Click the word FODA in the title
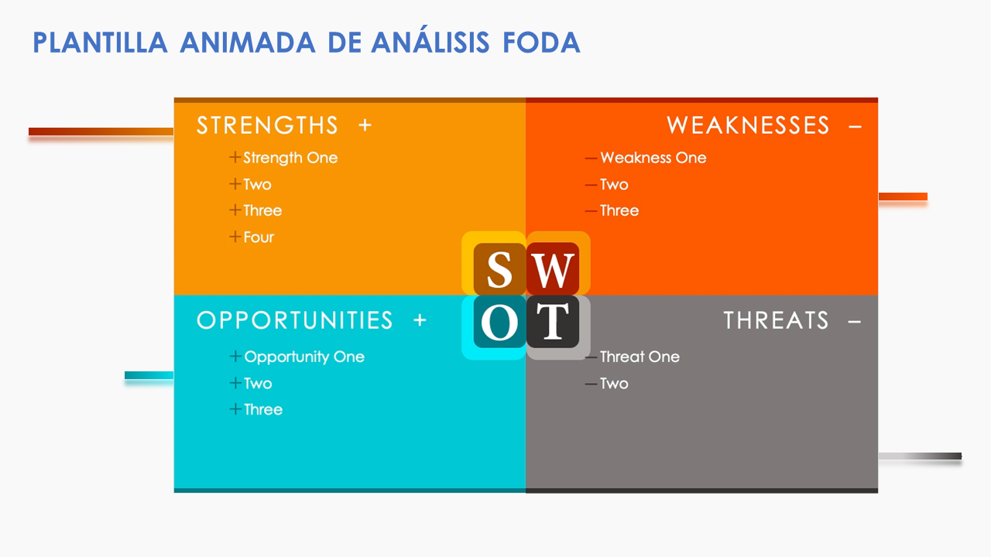541,43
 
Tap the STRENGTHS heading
267,125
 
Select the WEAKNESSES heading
747,125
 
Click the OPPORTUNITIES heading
295,320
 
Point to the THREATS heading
776,320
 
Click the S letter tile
499,269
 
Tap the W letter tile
553,269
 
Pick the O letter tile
499,322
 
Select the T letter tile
553,322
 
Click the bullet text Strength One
290,158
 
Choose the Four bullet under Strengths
259,237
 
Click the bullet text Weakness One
653,158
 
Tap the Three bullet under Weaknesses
619,210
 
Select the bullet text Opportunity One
304,357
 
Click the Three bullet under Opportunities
263,409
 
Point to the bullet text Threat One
640,357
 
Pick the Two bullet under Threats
614,383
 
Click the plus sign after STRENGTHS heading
365,125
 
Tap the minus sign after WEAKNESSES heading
855,125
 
